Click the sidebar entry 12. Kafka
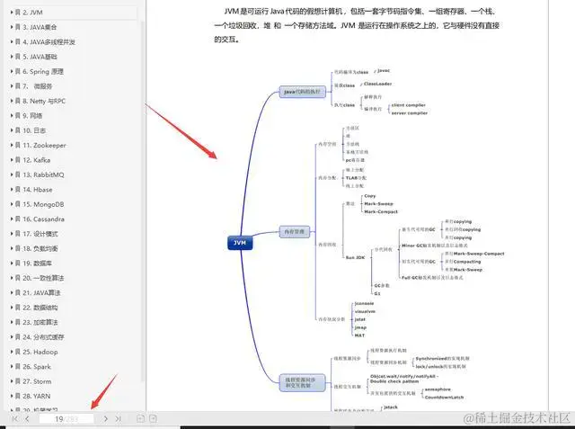(x=38, y=159)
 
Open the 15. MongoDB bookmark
(x=43, y=203)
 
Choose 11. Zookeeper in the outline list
(x=45, y=145)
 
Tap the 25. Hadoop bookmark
(x=41, y=351)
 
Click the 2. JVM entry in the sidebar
(x=31, y=13)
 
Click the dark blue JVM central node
(x=240, y=243)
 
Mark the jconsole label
(x=364, y=303)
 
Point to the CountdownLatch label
(x=446, y=397)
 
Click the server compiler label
(x=410, y=112)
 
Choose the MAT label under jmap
(x=359, y=335)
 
